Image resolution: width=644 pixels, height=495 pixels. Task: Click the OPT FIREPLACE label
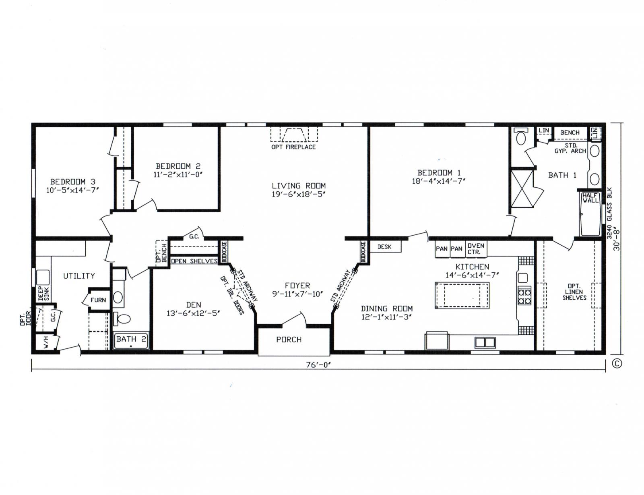[x=293, y=147]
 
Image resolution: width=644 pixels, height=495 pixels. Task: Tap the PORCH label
[x=289, y=340]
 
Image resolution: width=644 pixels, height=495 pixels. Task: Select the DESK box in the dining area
[x=384, y=246]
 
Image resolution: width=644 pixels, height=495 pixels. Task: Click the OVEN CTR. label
[x=476, y=249]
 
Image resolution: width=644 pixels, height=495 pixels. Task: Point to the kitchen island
[x=462, y=296]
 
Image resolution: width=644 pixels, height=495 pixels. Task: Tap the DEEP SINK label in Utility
[x=43, y=293]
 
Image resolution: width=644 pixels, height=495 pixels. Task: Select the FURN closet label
[x=98, y=300]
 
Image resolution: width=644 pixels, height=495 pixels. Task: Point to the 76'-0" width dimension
[x=318, y=365]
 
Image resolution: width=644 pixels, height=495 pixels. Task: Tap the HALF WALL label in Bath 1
[x=590, y=198]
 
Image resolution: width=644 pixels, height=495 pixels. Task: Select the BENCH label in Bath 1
[x=570, y=133]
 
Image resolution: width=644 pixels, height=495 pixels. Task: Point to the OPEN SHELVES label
[x=194, y=261]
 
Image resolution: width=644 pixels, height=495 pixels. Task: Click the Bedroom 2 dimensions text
[x=178, y=175]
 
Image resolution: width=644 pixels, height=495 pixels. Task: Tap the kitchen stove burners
[x=524, y=296]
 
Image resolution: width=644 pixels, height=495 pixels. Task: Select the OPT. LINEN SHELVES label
[x=574, y=292]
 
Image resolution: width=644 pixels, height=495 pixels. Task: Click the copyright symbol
[x=617, y=363]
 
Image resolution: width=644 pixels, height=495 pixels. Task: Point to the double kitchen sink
[x=485, y=342]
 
